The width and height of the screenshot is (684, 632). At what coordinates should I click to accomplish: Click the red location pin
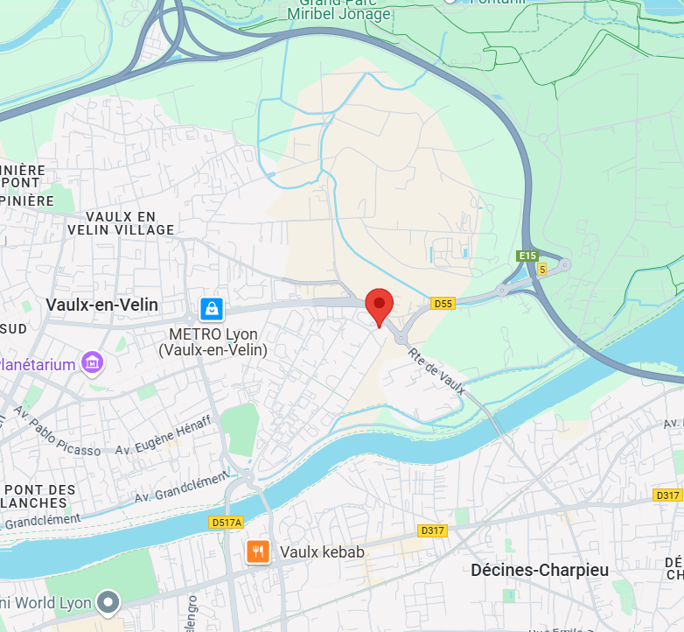(379, 306)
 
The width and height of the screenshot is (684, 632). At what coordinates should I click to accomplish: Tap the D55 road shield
(443, 303)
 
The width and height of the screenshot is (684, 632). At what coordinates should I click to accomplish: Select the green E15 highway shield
(526, 256)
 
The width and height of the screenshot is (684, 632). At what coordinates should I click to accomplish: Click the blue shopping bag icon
(212, 308)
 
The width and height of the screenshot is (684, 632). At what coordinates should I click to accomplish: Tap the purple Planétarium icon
(92, 362)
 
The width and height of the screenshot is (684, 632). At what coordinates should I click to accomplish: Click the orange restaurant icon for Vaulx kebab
(258, 551)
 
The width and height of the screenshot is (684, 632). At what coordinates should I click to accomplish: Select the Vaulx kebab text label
(322, 552)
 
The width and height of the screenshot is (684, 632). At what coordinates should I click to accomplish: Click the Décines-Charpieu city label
(540, 570)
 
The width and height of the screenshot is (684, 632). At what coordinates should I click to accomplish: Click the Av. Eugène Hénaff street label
(164, 435)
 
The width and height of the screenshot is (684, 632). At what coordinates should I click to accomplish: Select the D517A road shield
(227, 523)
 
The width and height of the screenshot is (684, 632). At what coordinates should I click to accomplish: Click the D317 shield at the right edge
(667, 495)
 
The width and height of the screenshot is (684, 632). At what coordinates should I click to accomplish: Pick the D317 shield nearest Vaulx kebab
(432, 530)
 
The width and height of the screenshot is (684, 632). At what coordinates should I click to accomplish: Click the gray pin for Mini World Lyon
(108, 602)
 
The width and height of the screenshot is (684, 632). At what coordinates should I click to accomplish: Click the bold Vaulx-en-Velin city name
(102, 305)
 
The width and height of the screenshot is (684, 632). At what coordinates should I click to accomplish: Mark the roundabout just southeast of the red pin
(401, 338)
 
